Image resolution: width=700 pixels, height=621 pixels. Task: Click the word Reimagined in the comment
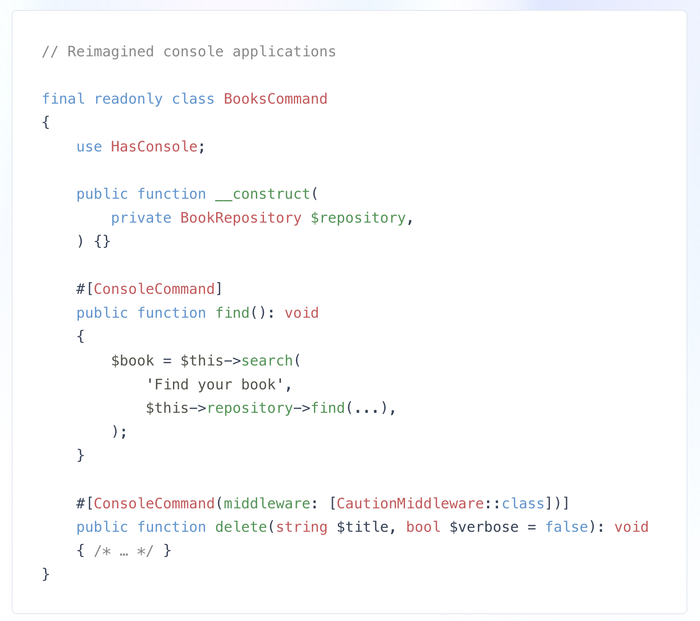tap(111, 52)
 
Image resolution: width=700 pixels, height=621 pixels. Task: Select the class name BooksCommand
tap(276, 99)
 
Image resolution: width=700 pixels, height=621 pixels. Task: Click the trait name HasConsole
tap(154, 146)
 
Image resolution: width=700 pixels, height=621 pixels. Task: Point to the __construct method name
tap(263, 194)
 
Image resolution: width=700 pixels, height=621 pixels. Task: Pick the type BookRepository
tap(241, 218)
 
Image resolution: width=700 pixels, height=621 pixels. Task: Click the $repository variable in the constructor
tap(358, 218)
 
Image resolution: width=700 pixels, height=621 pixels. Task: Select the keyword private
tap(141, 218)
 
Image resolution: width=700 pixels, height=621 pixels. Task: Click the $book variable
tap(132, 361)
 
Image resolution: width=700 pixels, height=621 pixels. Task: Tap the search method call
tap(267, 361)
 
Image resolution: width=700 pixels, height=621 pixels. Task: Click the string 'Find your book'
tap(215, 385)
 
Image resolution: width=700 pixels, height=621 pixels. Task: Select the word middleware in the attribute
tap(263, 503)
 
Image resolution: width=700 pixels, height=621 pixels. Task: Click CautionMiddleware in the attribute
tap(410, 503)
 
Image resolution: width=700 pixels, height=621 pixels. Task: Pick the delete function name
tap(241, 527)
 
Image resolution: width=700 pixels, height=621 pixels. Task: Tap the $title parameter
tap(363, 527)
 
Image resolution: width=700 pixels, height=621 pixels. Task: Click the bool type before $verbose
tap(423, 527)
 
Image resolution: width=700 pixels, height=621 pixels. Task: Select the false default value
tap(567, 527)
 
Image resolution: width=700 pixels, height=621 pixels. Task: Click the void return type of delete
tap(632, 527)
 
